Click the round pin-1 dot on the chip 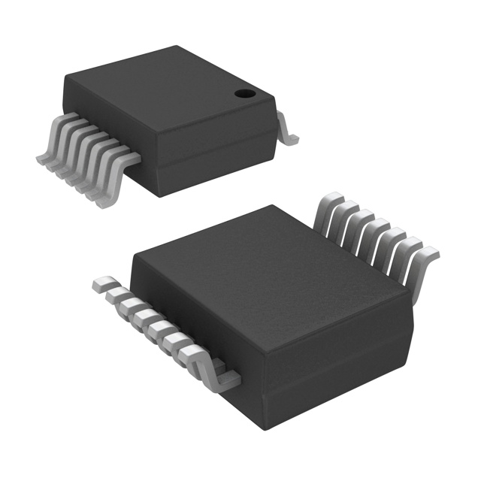coord(244,94)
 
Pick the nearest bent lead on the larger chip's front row coord(214,376)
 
